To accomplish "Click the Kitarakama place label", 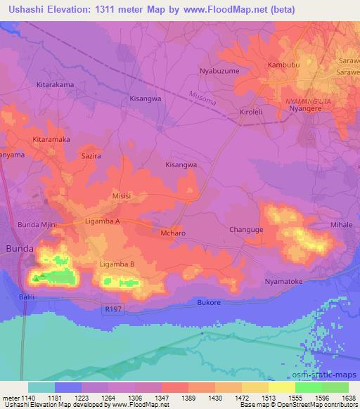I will (53, 84).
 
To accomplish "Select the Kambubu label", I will (284, 65).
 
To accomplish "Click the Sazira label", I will (91, 155).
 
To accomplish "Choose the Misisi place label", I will (122, 197).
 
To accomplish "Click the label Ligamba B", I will (117, 264).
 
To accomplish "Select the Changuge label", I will (246, 230).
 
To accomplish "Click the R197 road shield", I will (112, 309).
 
